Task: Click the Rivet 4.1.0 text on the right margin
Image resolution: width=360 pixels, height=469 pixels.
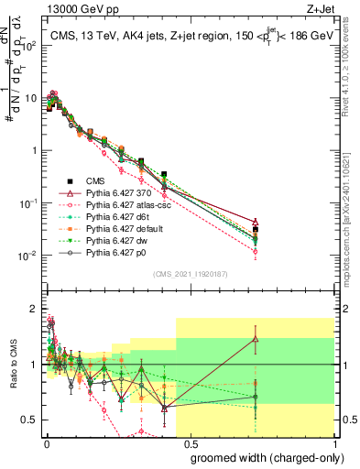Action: (x=352, y=64)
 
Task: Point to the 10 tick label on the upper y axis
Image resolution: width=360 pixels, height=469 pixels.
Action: (x=27, y=97)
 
